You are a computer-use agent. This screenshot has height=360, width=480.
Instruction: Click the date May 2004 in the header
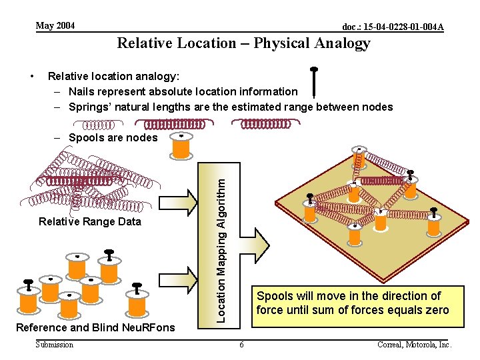(x=55, y=26)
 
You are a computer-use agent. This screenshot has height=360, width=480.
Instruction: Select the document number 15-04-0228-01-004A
(x=393, y=27)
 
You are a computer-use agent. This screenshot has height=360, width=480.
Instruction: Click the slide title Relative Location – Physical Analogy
(x=243, y=44)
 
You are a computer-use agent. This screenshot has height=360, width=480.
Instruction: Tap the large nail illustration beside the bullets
(x=314, y=83)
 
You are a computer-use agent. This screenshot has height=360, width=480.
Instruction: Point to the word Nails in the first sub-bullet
(x=83, y=91)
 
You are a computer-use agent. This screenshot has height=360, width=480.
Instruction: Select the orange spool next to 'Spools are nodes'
(x=181, y=147)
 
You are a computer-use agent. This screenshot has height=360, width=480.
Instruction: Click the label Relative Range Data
(x=90, y=221)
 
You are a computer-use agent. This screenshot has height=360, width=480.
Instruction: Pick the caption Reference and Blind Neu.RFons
(x=95, y=327)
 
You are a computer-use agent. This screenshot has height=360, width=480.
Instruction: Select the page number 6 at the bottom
(x=241, y=345)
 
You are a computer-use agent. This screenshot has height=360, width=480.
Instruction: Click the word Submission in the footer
(x=55, y=345)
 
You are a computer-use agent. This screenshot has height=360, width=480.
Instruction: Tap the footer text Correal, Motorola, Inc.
(x=414, y=345)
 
